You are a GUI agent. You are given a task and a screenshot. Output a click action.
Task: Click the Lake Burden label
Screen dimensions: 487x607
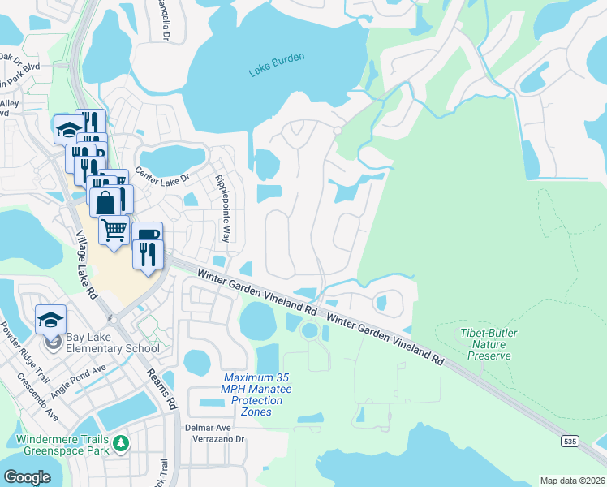277,65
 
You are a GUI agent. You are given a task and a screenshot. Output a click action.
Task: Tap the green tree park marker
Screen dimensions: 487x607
121,443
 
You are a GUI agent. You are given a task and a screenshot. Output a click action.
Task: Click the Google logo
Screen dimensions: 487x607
27,477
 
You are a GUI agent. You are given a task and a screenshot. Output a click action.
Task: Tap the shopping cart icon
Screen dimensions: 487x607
114,229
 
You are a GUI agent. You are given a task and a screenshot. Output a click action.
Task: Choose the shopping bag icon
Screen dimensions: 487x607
106,201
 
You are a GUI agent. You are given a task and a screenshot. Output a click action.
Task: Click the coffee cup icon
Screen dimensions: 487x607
147,235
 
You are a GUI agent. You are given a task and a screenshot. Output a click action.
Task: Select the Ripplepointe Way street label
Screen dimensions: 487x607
222,208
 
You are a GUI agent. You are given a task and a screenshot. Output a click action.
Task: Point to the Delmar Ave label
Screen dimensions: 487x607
212,427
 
